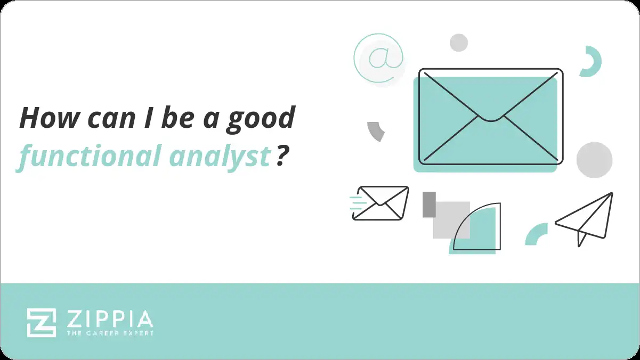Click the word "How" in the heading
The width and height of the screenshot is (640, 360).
click(x=43, y=118)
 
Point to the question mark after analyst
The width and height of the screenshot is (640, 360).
click(x=282, y=157)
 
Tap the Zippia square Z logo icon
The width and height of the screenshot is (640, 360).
click(x=42, y=323)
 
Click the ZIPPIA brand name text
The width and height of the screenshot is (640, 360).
click(x=110, y=319)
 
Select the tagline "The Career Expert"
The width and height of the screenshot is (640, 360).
click(x=110, y=333)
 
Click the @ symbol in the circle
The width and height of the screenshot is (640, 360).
click(x=378, y=58)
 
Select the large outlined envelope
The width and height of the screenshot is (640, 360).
click(x=490, y=116)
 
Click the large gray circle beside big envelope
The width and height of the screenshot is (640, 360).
click(x=594, y=160)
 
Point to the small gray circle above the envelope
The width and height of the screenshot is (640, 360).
click(x=458, y=43)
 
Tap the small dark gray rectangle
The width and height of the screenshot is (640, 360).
click(x=429, y=204)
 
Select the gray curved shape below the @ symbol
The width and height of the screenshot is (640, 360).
click(x=376, y=131)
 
